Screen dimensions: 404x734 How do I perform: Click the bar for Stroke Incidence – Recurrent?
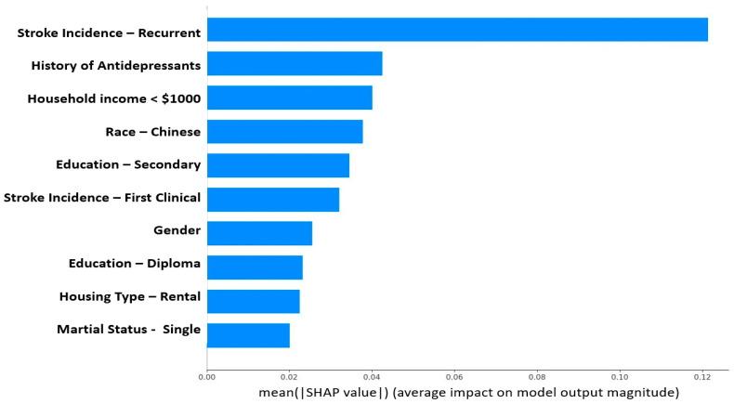click(457, 30)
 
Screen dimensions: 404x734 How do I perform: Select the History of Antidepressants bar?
click(295, 64)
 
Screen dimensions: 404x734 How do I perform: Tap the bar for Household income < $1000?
click(289, 98)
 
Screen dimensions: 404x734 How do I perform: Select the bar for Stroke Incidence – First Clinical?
click(273, 199)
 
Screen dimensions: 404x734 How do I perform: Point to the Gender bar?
click(259, 233)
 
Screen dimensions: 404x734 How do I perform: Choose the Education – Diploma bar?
click(255, 267)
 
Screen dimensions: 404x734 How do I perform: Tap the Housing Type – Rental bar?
click(253, 301)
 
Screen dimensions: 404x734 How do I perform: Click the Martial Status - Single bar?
click(248, 334)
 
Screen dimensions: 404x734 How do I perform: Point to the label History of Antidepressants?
click(115, 66)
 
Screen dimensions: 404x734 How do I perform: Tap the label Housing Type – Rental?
click(129, 296)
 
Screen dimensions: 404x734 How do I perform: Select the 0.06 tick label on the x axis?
click(454, 376)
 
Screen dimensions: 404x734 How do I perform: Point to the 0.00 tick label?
click(207, 376)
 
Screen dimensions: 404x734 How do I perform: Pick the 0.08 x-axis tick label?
click(537, 376)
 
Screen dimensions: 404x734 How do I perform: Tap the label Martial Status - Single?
click(128, 330)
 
